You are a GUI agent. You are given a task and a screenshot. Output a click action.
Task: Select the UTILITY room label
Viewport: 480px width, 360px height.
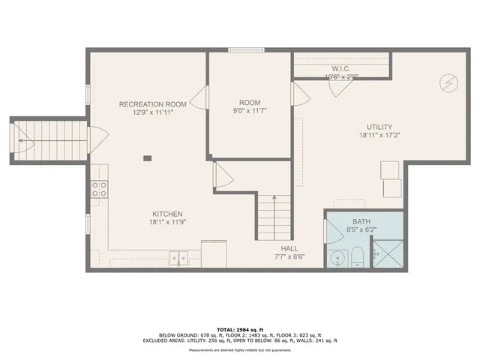[379, 127]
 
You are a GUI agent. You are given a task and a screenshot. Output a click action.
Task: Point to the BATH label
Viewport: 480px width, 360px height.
[361, 222]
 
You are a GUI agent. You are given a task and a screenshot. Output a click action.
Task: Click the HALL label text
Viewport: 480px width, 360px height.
[290, 248]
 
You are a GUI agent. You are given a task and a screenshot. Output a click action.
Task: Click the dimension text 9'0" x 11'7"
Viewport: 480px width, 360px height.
[249, 111]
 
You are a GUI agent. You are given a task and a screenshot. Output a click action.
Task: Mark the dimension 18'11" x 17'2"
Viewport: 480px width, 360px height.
[379, 136]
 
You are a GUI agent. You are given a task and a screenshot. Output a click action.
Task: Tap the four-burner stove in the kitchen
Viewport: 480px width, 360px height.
[99, 189]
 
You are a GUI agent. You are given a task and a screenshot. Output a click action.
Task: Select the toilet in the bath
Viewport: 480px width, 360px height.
[358, 256]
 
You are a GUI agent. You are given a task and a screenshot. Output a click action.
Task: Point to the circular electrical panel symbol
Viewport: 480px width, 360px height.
[448, 79]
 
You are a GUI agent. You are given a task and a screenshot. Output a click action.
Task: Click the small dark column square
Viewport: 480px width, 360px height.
[147, 157]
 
